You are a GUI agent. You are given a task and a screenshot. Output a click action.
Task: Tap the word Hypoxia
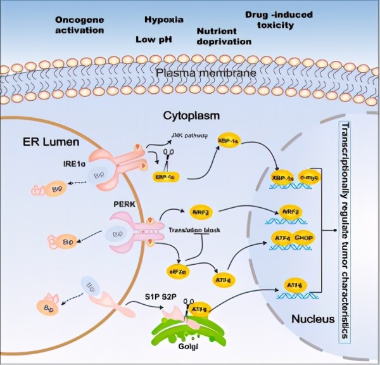[x=163, y=20]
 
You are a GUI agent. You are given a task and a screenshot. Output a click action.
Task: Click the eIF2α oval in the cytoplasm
[x=177, y=272]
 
